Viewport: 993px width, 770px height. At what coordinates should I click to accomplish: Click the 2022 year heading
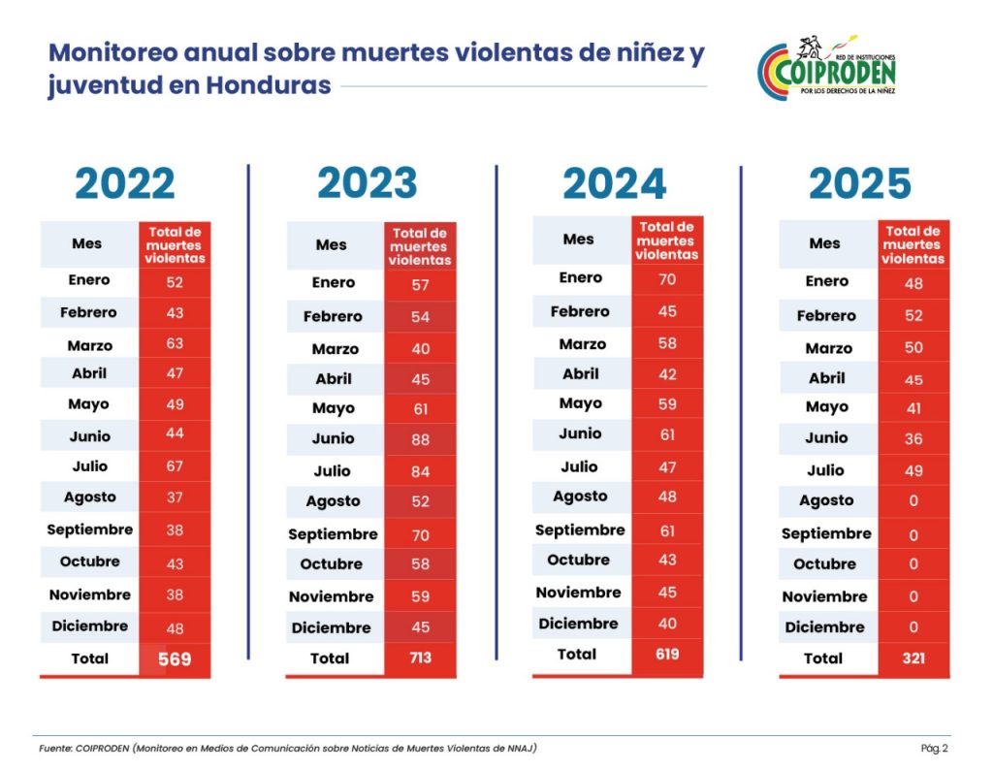click(x=125, y=184)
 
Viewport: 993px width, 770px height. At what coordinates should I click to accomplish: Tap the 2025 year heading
click(x=860, y=184)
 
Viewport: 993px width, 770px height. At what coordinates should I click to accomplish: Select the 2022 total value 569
click(x=175, y=659)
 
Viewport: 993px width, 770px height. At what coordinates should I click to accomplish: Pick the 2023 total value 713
click(x=420, y=658)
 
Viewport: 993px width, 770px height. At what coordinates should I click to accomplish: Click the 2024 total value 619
click(x=666, y=655)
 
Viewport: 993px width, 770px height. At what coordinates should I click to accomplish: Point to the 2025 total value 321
click(x=913, y=658)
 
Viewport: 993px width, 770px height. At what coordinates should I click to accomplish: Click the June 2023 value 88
click(x=420, y=439)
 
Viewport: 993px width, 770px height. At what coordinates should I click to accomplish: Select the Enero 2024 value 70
click(x=666, y=278)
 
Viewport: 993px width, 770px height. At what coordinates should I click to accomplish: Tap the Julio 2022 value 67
click(x=175, y=466)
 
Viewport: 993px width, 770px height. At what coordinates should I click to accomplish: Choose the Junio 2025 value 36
click(x=913, y=438)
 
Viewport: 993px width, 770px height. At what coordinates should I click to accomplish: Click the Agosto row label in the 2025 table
click(x=826, y=500)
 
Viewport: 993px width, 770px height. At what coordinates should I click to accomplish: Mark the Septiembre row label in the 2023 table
click(x=333, y=534)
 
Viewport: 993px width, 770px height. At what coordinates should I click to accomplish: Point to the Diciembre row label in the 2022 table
click(x=88, y=626)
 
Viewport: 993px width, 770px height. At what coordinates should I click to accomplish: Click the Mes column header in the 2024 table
click(x=579, y=239)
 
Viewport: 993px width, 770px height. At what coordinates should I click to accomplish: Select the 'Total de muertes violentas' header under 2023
click(x=420, y=246)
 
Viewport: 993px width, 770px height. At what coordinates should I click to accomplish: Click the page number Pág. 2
click(x=935, y=748)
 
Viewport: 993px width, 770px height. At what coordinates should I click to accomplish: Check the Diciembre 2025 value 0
click(x=913, y=627)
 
